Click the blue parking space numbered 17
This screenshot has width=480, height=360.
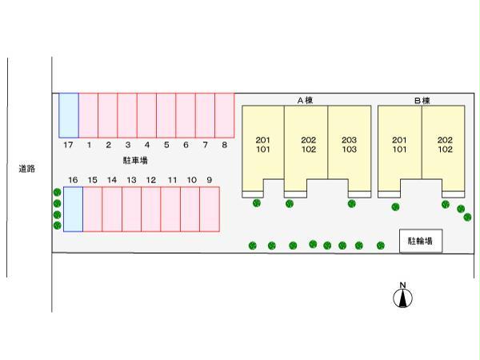(69, 115)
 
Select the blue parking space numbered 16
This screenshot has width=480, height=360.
(73, 209)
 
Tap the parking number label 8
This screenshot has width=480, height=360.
(225, 145)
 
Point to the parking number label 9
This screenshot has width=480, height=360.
(210, 180)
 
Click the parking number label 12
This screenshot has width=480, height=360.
(150, 180)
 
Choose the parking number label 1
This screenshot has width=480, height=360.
(88, 145)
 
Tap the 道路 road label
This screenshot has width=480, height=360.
(26, 169)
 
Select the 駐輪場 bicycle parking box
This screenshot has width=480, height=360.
(420, 240)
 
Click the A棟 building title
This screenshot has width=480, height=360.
(306, 101)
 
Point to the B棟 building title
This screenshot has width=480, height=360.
(422, 101)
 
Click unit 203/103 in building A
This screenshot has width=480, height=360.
(349, 145)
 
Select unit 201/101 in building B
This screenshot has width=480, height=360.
(399, 145)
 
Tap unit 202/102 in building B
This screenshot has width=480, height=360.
(445, 145)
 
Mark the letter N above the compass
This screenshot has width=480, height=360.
(404, 285)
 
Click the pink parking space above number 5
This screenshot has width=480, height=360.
(166, 115)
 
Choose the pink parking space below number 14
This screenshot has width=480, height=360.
(112, 209)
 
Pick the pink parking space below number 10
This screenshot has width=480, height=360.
(190, 209)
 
